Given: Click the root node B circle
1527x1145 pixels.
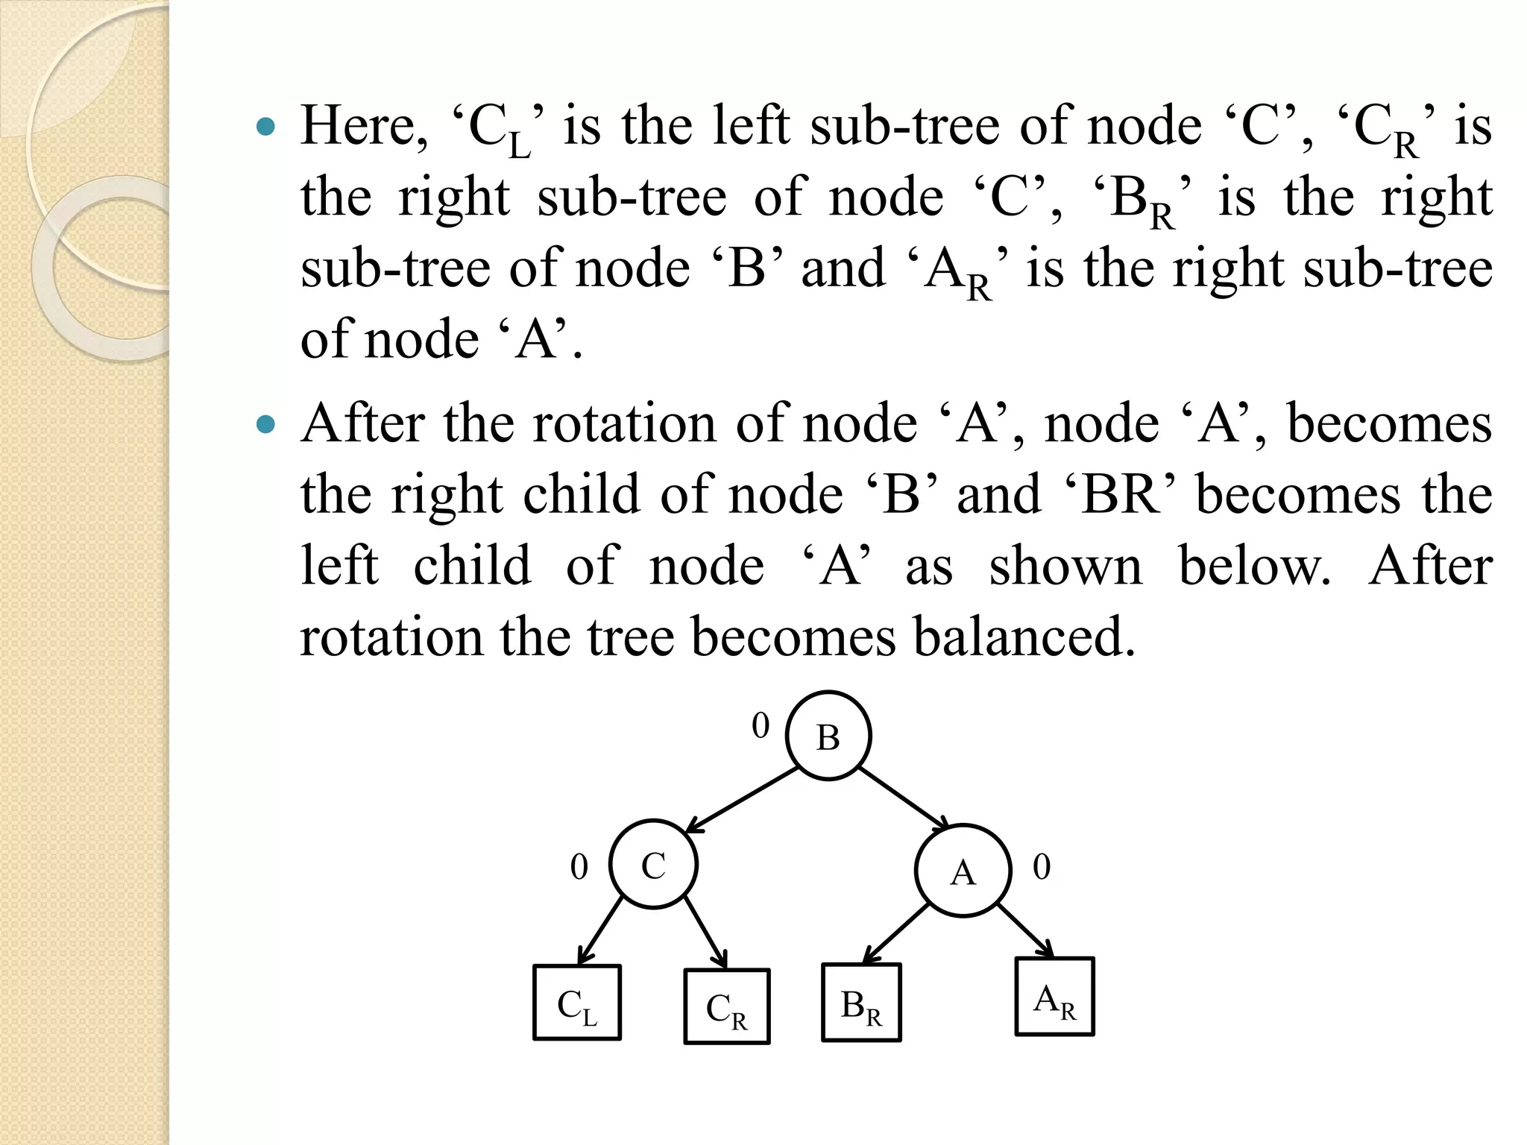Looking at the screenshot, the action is (x=828, y=736).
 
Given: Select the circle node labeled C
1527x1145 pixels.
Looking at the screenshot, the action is (x=654, y=865).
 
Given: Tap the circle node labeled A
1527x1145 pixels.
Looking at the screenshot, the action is (x=963, y=871).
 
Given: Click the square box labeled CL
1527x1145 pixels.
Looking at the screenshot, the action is (x=577, y=1003).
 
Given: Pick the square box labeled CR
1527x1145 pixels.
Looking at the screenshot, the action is (x=726, y=1006).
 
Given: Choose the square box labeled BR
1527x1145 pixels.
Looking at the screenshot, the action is (x=861, y=1003).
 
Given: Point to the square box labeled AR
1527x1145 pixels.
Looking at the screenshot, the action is (x=1054, y=997).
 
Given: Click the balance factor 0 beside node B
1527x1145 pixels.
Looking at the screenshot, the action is (x=761, y=725).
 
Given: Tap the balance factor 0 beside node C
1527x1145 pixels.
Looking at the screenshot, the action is (x=579, y=867).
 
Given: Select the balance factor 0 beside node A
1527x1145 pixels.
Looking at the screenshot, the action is (x=1042, y=867).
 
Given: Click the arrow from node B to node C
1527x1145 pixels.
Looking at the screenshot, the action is (x=742, y=799).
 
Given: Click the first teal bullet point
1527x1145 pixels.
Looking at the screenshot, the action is (x=265, y=127).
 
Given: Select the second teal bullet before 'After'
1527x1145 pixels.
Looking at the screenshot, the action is (x=265, y=425).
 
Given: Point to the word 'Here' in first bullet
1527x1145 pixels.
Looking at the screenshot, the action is (x=364, y=125).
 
